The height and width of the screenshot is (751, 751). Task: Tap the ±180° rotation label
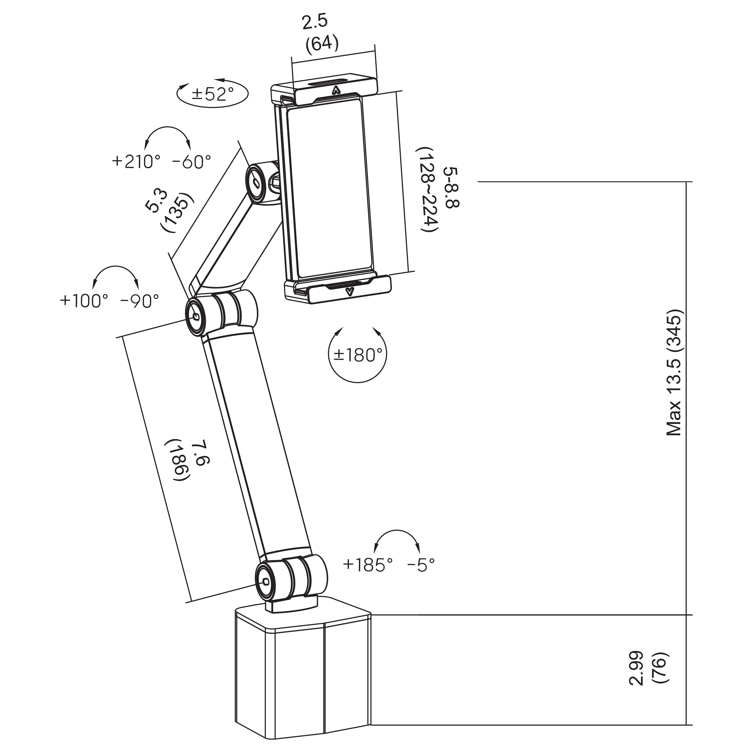tap(358, 354)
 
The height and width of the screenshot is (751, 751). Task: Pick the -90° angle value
tap(139, 300)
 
